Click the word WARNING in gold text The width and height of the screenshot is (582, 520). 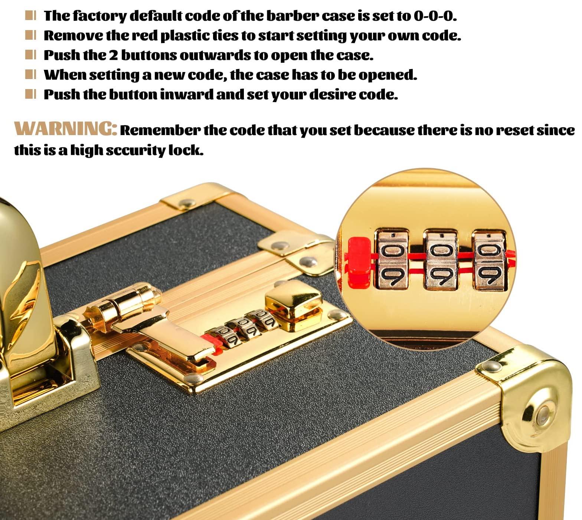tap(66, 129)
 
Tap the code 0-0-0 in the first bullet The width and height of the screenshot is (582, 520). tap(435, 16)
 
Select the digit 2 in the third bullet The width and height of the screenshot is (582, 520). tap(113, 55)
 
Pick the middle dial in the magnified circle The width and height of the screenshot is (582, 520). tap(441, 260)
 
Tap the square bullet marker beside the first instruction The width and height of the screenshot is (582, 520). tap(30, 16)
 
